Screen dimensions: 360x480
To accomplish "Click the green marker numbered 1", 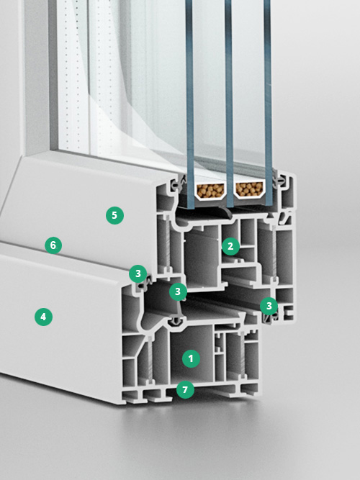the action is point(191,358).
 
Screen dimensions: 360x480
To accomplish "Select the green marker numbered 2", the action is point(230,246).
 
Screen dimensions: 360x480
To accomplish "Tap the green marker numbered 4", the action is point(43,317).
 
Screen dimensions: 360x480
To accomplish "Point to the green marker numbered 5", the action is point(114,215).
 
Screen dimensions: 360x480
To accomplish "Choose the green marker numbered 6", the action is point(53,245).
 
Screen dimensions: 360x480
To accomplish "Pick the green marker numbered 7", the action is point(185,390).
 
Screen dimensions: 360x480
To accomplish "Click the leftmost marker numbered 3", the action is point(138,273).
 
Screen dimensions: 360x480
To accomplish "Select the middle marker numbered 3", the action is point(178,291).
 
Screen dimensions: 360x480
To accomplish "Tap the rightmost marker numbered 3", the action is point(269,306).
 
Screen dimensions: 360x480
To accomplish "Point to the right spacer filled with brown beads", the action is point(249,190).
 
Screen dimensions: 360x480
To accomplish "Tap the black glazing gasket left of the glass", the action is point(177,184).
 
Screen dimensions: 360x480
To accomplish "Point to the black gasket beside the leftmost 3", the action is point(145,283).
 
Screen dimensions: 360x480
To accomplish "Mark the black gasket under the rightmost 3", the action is point(271,317).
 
